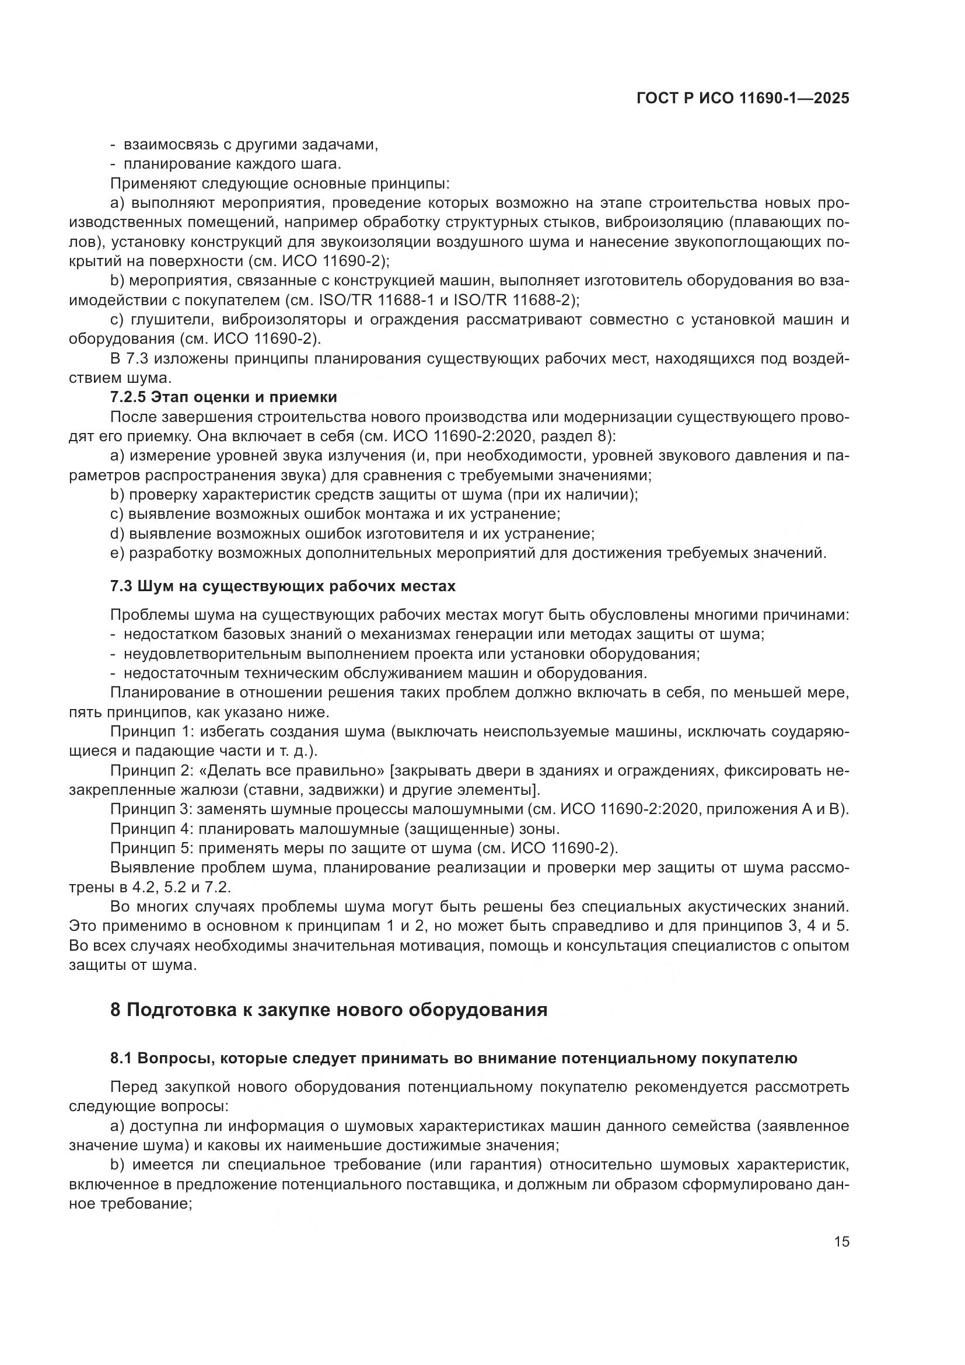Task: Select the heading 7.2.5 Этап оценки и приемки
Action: [223, 397]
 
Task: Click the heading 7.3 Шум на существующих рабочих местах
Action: [283, 586]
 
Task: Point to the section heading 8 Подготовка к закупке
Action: [328, 1010]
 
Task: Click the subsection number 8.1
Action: [121, 1058]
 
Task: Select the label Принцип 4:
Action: [151, 829]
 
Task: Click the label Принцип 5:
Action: [151, 848]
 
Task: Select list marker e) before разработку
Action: [117, 553]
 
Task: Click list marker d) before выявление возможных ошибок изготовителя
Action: [117, 533]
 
